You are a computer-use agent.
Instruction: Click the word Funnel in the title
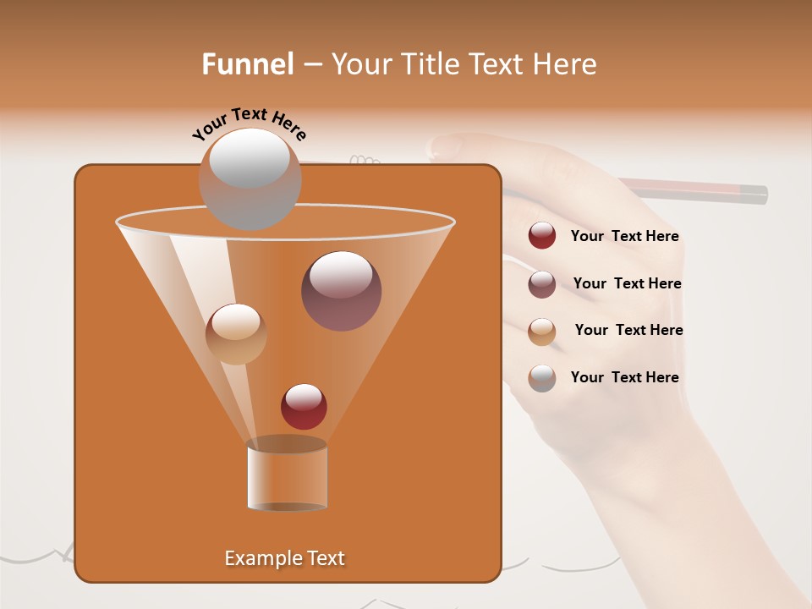click(248, 64)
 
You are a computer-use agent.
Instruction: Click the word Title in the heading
click(425, 64)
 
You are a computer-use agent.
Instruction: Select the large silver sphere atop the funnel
click(250, 178)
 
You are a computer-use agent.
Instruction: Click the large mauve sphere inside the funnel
click(341, 291)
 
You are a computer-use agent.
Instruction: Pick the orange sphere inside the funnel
click(236, 333)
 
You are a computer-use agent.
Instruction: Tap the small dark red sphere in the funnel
click(304, 406)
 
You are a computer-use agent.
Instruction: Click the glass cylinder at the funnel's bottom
click(287, 475)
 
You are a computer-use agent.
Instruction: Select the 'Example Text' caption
click(284, 558)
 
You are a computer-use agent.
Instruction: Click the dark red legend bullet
click(542, 236)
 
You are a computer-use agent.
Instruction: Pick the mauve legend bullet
click(542, 283)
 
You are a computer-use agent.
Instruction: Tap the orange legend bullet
click(542, 331)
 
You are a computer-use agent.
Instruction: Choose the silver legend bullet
click(542, 378)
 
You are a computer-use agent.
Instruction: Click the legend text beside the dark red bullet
click(624, 237)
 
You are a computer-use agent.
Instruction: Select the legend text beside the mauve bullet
click(627, 284)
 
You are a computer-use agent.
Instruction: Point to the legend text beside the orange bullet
click(628, 331)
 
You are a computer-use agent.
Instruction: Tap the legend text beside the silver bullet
click(624, 378)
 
